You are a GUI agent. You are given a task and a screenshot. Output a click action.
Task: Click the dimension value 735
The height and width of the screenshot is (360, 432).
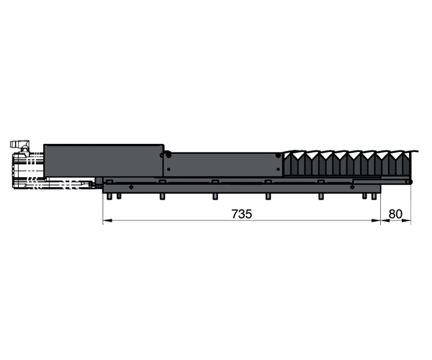[x=242, y=214]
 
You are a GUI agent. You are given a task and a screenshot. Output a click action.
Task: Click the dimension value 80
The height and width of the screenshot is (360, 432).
[x=395, y=214]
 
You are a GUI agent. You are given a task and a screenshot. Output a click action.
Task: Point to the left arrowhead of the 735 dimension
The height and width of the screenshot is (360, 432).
[x=107, y=220]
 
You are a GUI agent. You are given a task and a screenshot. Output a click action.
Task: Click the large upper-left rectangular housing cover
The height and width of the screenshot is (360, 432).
[x=104, y=161]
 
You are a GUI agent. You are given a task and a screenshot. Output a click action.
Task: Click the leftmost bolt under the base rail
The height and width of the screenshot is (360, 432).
[x=109, y=197]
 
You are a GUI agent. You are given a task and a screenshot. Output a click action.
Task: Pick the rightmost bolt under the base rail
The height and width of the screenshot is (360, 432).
[x=374, y=197]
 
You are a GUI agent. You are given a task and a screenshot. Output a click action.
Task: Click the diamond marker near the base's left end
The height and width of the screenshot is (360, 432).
[x=131, y=187]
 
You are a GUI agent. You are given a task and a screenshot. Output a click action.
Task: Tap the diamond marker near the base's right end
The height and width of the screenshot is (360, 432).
[x=352, y=187]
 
